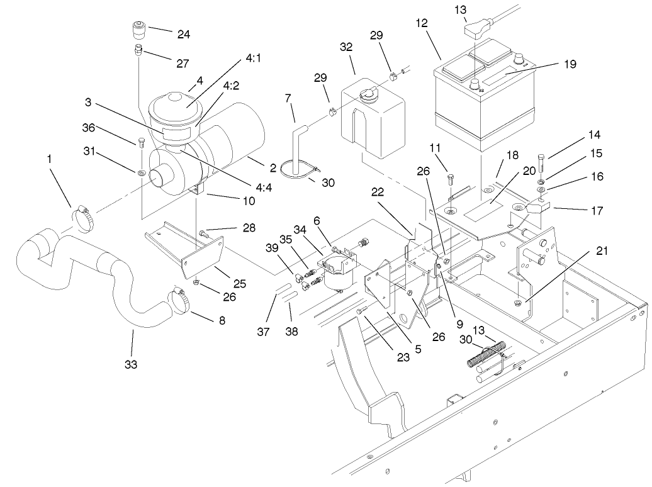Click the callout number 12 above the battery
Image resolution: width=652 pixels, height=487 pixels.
point(421,23)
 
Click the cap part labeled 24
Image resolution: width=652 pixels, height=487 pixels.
point(138,30)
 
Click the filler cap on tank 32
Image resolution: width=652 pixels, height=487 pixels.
point(366,94)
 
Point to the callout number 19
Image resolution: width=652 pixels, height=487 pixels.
point(570,64)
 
